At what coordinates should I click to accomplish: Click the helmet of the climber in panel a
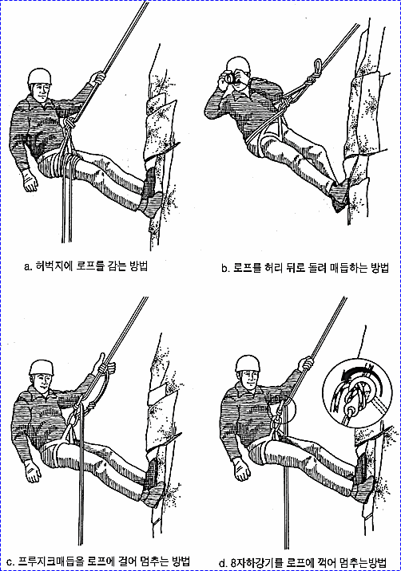(x=39, y=77)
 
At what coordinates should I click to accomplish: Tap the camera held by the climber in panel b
(x=228, y=77)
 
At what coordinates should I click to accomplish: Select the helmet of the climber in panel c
(x=42, y=368)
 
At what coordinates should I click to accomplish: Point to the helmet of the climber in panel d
(x=248, y=364)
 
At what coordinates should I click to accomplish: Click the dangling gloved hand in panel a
(x=30, y=180)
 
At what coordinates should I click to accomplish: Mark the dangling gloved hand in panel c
(x=34, y=471)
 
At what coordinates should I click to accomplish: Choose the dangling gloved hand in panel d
(x=241, y=469)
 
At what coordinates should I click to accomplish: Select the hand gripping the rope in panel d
(x=306, y=364)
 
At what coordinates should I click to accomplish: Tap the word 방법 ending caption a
(x=138, y=266)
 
